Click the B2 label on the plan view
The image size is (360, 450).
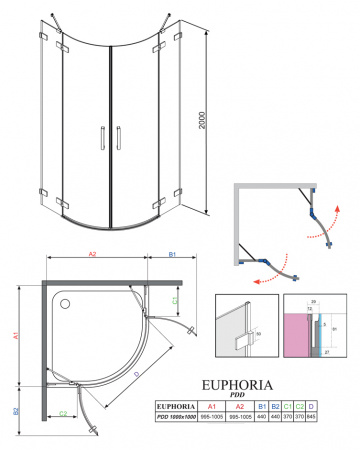17,410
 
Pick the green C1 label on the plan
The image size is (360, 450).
177,299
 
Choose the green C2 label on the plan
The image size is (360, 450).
63,412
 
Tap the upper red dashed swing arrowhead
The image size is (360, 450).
335,211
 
